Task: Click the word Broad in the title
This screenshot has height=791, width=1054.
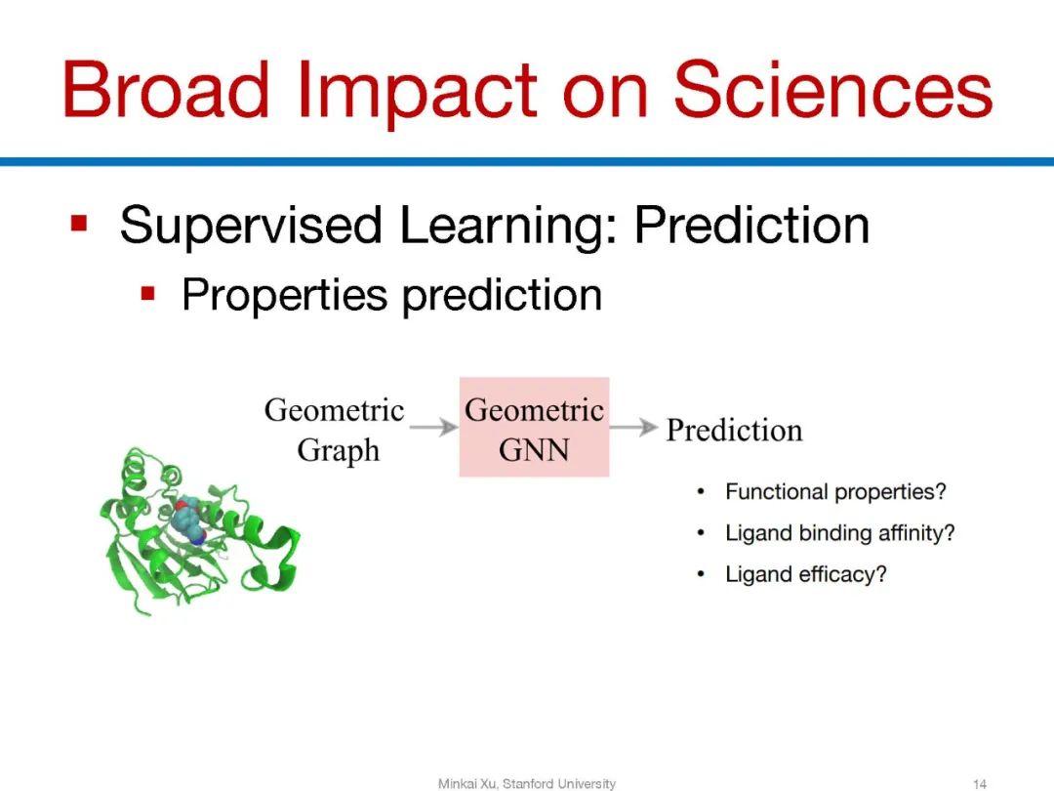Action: (x=166, y=90)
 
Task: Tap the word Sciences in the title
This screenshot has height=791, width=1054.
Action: (x=832, y=90)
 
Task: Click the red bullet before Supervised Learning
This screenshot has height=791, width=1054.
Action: (x=79, y=223)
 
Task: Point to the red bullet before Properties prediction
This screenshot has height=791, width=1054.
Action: (x=148, y=294)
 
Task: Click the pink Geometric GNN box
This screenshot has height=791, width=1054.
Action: (x=535, y=427)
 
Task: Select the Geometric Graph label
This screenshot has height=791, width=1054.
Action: (x=335, y=430)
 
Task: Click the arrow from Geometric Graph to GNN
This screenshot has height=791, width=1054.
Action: (x=433, y=427)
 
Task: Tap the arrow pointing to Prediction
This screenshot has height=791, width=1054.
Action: (x=634, y=427)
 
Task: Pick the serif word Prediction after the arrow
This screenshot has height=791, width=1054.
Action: (x=735, y=430)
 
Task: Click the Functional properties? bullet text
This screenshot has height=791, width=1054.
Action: (x=835, y=492)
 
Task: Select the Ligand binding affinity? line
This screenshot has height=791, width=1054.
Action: (x=839, y=533)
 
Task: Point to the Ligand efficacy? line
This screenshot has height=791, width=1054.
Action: (x=806, y=574)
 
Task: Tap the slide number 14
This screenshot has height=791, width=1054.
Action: (x=980, y=783)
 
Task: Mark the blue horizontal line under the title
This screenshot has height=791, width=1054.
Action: (x=527, y=161)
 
